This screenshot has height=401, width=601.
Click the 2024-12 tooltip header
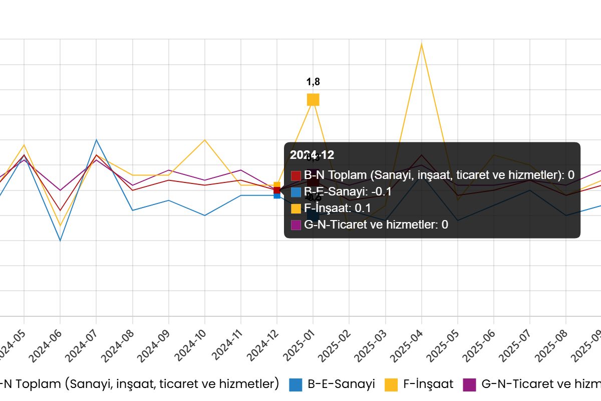[312, 155]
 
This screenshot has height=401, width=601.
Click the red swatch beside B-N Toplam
[295, 175]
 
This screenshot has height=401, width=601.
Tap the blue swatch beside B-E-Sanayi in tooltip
[295, 191]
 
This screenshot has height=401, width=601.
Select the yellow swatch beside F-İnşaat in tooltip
[295, 208]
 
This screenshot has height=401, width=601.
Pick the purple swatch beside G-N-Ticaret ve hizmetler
[295, 225]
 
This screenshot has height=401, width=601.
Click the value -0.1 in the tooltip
[381, 191]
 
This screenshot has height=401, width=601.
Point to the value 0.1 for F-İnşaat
[363, 208]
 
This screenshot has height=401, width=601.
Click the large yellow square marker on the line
[313, 100]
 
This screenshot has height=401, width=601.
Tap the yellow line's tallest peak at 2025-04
[421, 45]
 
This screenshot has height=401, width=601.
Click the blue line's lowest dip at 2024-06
[60, 240]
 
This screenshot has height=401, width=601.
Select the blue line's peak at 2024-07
[96, 140]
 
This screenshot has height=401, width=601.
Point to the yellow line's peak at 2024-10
[204, 140]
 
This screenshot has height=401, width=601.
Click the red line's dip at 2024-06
[60, 210]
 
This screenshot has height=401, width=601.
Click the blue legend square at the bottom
[295, 385]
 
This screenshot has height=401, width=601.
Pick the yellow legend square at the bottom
[391, 385]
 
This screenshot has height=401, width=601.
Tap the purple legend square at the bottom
[469, 385]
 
